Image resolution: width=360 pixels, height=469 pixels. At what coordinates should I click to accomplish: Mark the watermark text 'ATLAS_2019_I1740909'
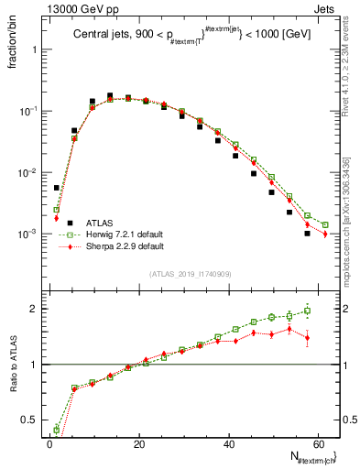point(191,274)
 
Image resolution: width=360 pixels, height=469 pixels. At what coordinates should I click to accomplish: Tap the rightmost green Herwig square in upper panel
point(325,224)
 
